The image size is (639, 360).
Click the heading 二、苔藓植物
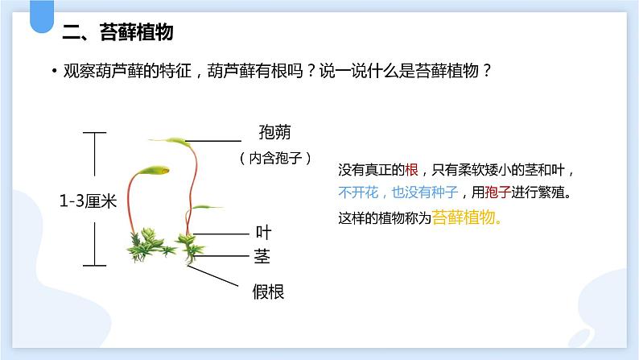(117, 33)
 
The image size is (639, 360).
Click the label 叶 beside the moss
(263, 233)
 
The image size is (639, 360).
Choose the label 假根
(268, 292)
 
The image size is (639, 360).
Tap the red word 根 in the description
(412, 170)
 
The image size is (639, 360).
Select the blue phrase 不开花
(357, 193)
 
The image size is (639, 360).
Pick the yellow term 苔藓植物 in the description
(466, 217)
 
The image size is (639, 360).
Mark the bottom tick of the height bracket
(95, 264)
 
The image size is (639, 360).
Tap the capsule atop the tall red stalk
(179, 142)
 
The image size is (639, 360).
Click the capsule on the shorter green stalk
(153, 170)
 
